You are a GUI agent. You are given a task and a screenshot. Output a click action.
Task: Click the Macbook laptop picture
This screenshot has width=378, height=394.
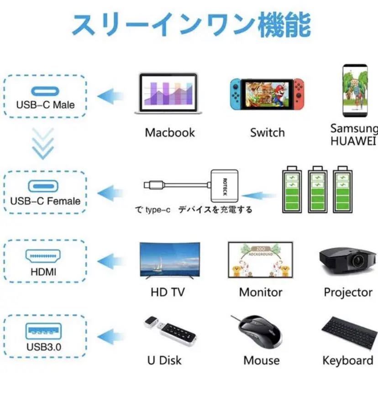[168, 94]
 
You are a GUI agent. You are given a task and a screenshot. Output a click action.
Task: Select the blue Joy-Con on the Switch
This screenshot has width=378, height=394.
[236, 94]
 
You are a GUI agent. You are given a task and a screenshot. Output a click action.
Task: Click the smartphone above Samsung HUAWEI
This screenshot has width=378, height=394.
[355, 90]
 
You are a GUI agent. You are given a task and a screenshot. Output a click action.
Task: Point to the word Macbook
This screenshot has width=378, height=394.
[170, 132]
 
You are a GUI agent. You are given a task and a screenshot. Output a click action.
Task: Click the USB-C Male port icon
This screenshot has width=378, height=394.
[45, 91]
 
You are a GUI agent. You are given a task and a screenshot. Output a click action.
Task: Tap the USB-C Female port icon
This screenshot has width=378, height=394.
[43, 186]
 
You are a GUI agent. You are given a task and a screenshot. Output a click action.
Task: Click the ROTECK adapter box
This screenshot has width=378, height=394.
[225, 186]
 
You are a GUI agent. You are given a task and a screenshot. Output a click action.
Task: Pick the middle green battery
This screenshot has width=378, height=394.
[318, 189]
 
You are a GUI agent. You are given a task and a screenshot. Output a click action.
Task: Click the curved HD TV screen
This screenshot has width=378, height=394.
[170, 260]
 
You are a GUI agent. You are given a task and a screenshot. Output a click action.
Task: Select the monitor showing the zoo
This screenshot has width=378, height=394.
[260, 260]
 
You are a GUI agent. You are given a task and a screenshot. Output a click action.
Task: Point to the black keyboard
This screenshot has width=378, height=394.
[349, 333]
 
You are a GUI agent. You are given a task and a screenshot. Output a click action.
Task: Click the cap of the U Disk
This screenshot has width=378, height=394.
[151, 322]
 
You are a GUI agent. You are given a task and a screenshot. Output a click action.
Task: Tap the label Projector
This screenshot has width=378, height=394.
[348, 292]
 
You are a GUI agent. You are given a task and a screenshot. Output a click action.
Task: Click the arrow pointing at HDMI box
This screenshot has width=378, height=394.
[110, 261]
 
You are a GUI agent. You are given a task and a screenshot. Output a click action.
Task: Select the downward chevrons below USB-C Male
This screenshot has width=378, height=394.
[43, 143]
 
